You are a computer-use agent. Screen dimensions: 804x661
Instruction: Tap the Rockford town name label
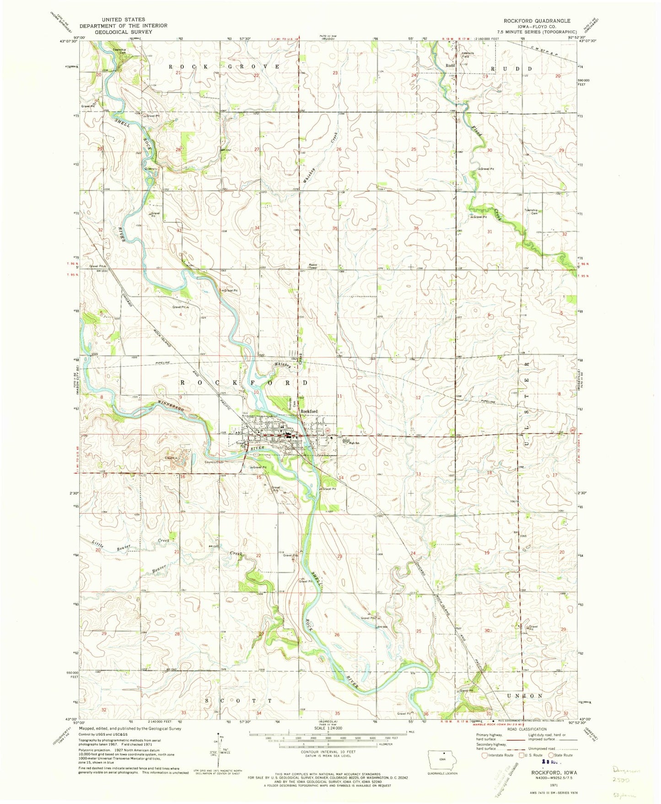tap(309, 411)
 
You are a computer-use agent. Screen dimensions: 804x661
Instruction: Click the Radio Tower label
tap(313, 266)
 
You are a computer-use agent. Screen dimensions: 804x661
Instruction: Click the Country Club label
tap(213, 462)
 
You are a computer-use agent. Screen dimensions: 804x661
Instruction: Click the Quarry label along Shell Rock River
tap(150, 169)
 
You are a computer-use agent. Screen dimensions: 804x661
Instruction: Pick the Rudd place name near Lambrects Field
tap(450, 65)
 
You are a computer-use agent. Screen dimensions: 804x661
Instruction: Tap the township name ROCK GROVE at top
tap(224, 67)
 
